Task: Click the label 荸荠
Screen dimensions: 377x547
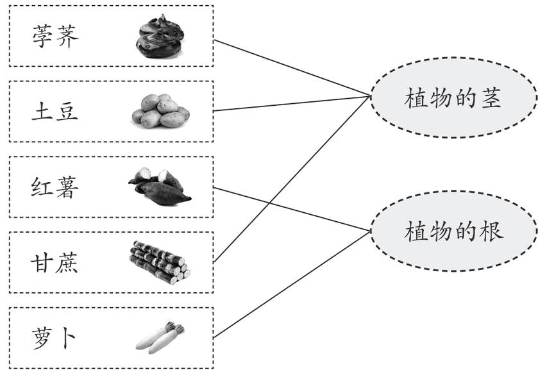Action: pos(55,37)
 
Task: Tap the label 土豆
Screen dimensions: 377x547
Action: pos(55,112)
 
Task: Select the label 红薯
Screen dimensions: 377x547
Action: pos(55,187)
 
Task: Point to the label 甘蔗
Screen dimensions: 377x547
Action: pos(55,263)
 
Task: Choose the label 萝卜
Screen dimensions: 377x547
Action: pos(55,339)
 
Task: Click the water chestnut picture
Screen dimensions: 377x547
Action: pos(160,37)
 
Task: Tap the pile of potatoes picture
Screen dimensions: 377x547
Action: pos(160,111)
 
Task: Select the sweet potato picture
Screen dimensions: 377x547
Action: pos(160,187)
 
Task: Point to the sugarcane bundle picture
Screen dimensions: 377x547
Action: pos(160,262)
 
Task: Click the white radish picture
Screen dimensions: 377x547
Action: pos(160,337)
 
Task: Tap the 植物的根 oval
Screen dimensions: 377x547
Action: pos(453,231)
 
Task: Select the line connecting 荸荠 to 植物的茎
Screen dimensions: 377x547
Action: pos(292,67)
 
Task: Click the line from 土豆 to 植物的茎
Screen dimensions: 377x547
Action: pos(292,104)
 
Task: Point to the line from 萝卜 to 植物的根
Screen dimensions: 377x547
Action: pos(292,284)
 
